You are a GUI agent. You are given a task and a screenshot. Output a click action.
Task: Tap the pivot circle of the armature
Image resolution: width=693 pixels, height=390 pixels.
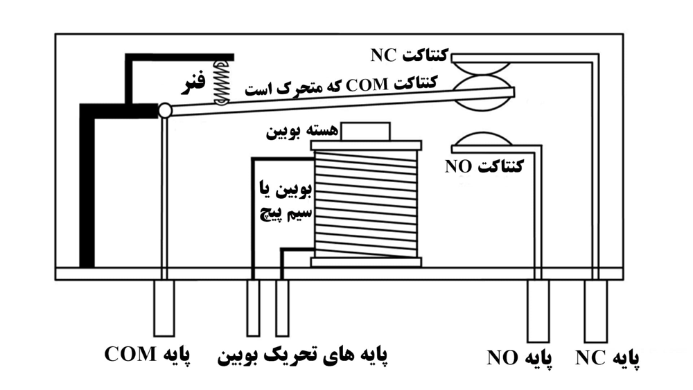164,110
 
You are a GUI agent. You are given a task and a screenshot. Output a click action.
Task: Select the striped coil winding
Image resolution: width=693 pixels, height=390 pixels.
365,204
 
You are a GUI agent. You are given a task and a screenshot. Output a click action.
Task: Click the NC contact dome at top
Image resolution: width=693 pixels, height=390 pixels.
483,67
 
